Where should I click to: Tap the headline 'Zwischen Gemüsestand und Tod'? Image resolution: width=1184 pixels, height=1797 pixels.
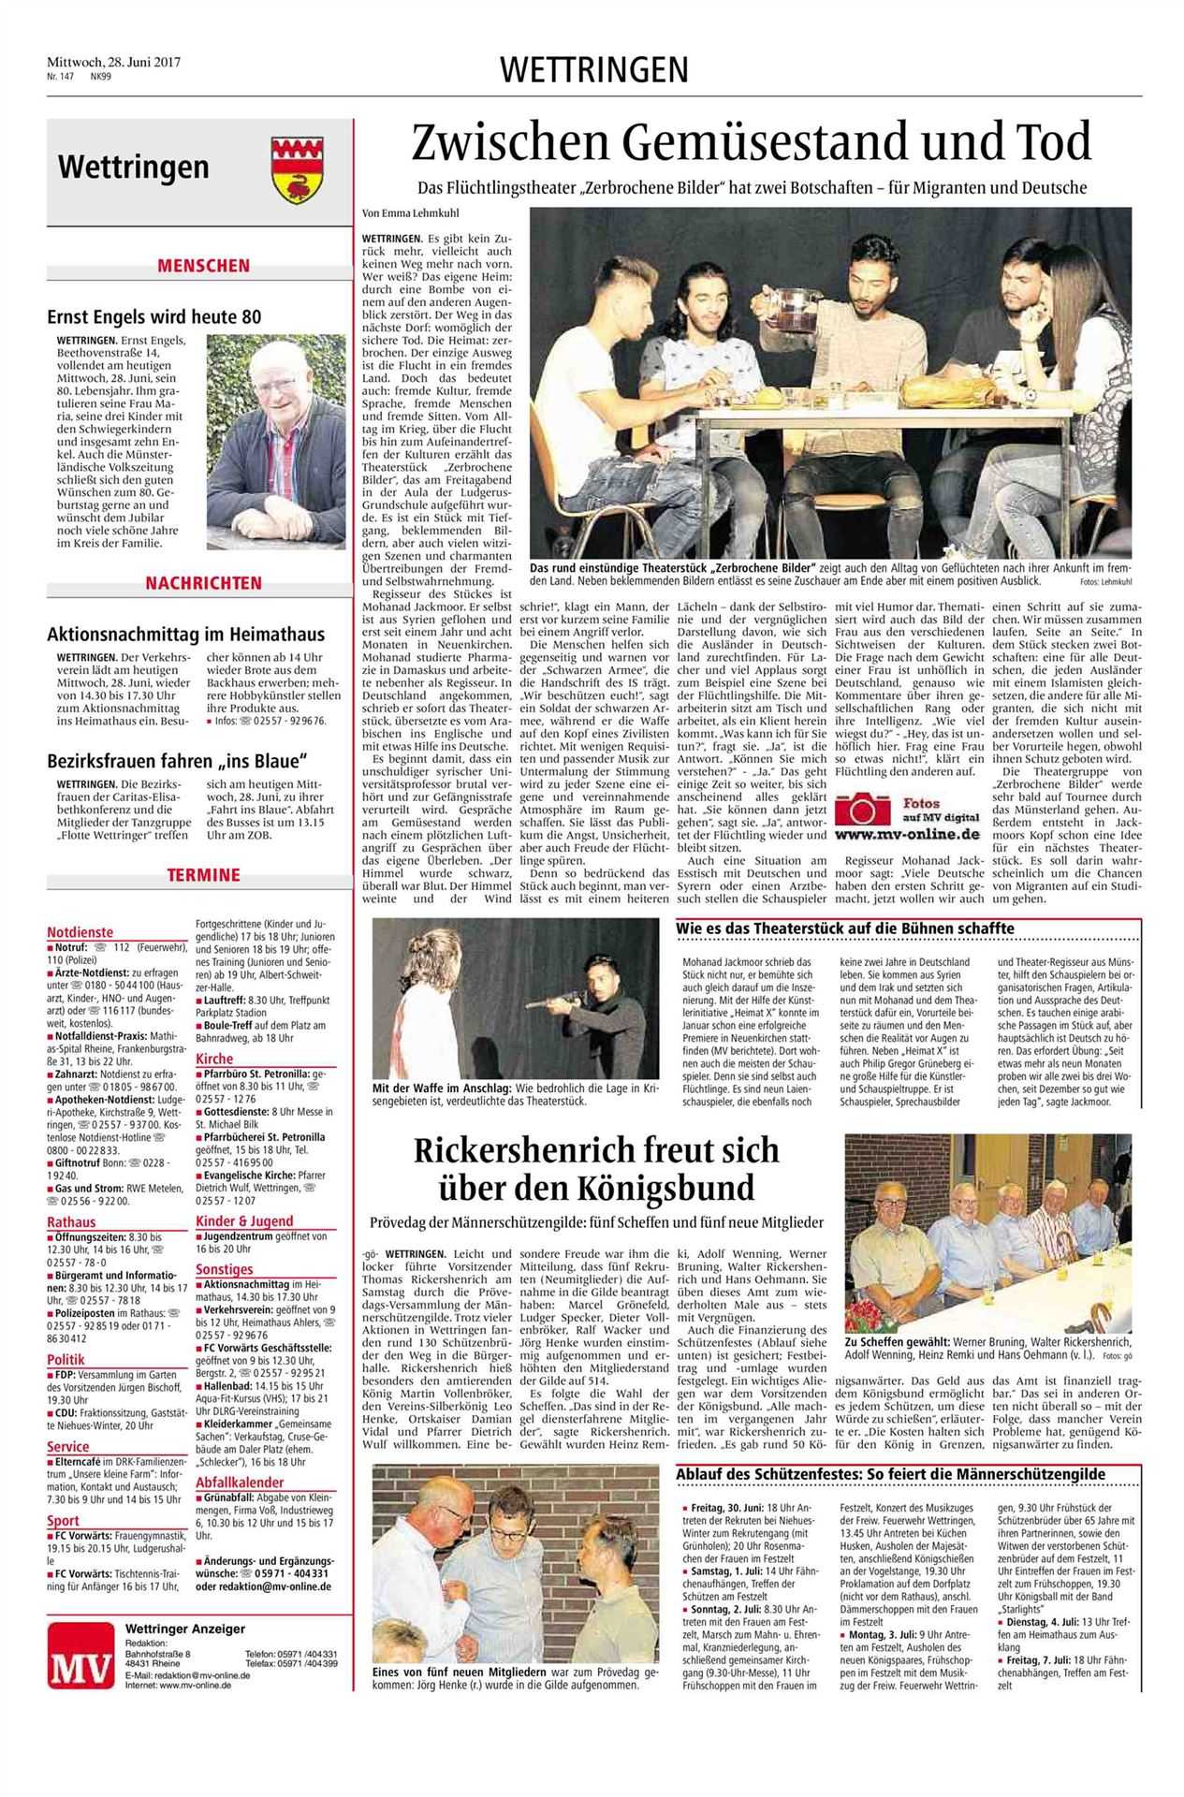point(752,142)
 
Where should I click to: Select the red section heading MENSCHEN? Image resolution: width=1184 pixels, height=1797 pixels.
point(203,266)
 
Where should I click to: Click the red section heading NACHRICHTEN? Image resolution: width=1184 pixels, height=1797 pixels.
point(203,583)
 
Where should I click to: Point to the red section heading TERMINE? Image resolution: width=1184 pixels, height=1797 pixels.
point(203,875)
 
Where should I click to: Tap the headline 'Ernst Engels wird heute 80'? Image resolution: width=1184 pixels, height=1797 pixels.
point(154,317)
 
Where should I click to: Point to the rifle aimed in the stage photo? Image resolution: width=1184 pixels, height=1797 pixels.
point(553,1002)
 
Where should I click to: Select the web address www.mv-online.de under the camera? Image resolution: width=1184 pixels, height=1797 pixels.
point(907,833)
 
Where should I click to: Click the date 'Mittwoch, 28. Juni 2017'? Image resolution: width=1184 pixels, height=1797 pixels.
point(114,62)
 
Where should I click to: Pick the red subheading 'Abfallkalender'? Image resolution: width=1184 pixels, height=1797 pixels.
point(240,1483)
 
